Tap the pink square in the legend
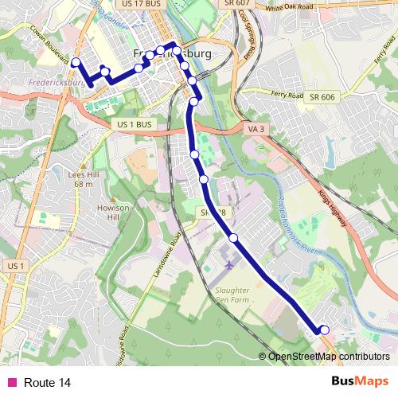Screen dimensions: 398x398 tap(12, 383)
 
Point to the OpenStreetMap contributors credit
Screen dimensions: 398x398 tap(329, 357)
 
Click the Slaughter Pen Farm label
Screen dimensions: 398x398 tap(232, 295)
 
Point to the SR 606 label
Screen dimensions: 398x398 tap(322, 96)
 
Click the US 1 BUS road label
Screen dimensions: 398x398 tap(133, 125)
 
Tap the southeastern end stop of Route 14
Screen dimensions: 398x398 tap(324, 330)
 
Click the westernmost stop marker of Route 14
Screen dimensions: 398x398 tap(76, 62)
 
